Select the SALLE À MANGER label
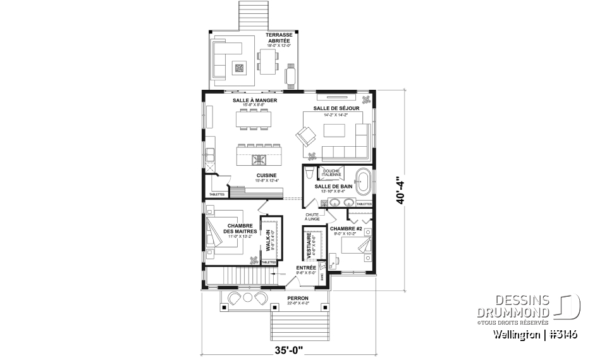pyautogui.click(x=255, y=101)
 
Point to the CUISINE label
pyautogui.click(x=266, y=176)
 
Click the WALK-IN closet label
pyautogui.click(x=268, y=239)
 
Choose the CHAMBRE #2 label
pyautogui.click(x=343, y=228)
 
